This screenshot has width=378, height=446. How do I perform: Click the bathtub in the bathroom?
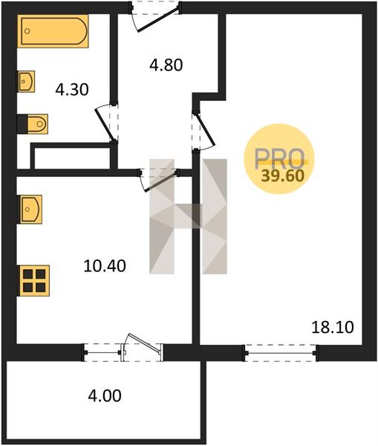tap(53, 31)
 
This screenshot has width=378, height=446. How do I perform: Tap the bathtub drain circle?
tap(27, 31)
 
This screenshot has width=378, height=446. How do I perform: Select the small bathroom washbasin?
tap(26, 81)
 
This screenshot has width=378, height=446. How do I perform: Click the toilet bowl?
tap(38, 124)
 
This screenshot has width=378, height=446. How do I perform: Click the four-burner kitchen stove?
tap(33, 281)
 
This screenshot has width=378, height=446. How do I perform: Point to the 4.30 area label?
tap(72, 90)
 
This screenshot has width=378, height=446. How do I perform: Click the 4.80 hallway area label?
tap(166, 65)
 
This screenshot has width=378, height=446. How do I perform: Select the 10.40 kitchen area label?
tap(105, 266)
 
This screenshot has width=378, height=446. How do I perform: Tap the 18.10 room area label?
tap(333, 327)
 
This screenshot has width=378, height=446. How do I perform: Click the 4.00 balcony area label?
tap(105, 395)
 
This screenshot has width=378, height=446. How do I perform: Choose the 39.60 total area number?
tap(283, 175)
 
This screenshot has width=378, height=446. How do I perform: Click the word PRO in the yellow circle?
tap(279, 159)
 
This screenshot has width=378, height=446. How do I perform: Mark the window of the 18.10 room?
tap(280, 353)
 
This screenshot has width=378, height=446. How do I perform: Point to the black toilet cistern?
tap(22, 124)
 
